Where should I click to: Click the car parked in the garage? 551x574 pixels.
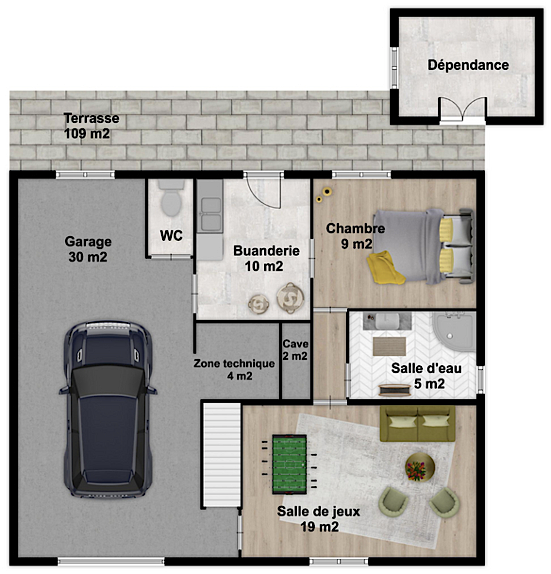(x=108, y=410)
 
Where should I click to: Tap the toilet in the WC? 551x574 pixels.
(x=171, y=198)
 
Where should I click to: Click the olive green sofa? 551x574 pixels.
(x=417, y=423)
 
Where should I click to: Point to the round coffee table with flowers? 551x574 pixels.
(x=420, y=467)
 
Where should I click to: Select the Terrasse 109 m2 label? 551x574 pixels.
(x=92, y=126)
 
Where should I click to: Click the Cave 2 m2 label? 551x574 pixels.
(x=295, y=350)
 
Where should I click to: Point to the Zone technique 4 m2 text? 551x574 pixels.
(x=234, y=370)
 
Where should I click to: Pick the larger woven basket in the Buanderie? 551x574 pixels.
(x=291, y=297)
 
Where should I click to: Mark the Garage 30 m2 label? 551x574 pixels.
(x=88, y=249)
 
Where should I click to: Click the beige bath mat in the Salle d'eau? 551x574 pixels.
(x=389, y=346)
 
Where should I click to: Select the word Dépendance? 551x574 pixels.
(x=468, y=65)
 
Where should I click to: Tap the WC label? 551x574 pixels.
(x=171, y=236)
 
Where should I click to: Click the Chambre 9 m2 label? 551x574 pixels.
(x=356, y=236)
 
